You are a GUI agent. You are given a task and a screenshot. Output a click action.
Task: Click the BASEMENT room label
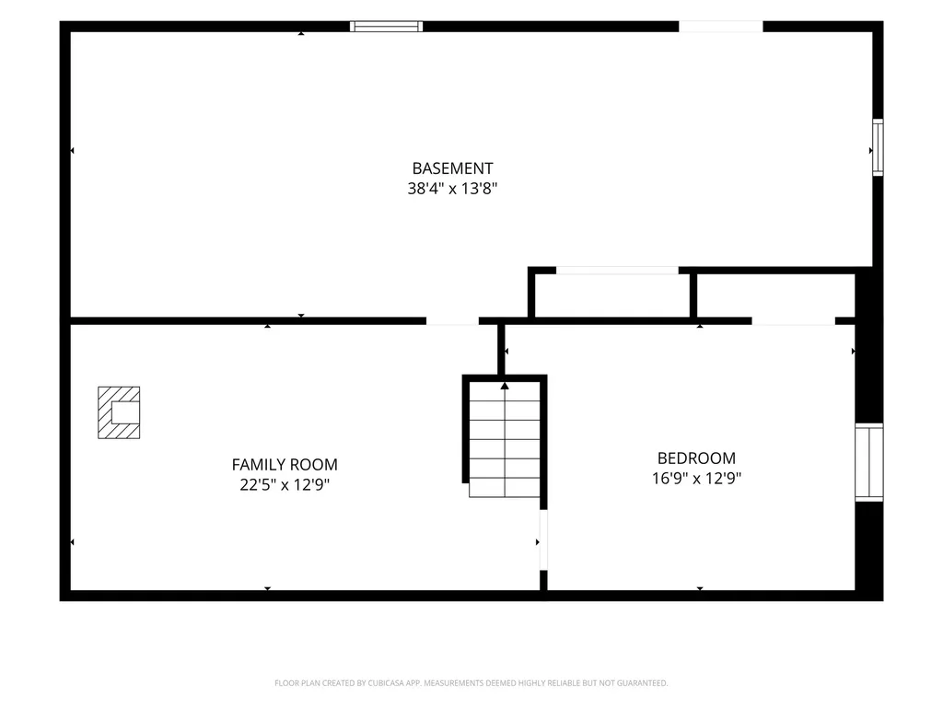pos(452,168)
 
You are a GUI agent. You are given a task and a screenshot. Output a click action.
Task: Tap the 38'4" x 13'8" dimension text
pos(452,189)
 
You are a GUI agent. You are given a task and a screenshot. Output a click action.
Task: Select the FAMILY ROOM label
pos(285,465)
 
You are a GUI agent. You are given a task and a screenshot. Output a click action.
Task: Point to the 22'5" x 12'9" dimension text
pos(285,484)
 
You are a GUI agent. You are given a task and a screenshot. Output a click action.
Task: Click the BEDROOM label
pos(696,458)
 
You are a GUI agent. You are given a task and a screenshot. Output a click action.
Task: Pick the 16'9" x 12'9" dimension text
pos(696,479)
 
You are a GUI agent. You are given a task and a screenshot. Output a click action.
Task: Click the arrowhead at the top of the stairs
pos(505,386)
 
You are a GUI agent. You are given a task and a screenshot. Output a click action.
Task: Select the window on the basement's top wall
pos(386,27)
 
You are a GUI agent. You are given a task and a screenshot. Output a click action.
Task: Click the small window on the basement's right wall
pos(878,147)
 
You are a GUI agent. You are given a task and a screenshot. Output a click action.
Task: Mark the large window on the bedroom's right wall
pos(869,462)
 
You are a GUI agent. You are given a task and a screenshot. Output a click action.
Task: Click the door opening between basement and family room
pos(452,321)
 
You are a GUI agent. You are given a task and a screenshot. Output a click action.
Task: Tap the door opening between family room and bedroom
pos(543,539)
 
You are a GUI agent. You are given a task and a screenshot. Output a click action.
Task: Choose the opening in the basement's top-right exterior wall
pos(720,27)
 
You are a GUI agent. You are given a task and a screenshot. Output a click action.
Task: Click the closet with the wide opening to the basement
pos(612,296)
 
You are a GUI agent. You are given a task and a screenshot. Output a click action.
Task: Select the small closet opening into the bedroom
pos(775,296)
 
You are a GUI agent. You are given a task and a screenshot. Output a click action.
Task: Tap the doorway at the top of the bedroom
pos(793,321)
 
